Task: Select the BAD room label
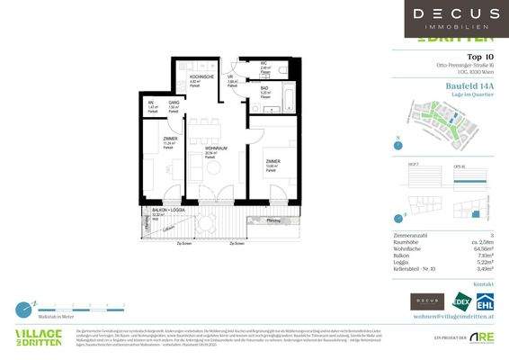(x=265, y=88)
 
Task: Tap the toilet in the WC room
(x=282, y=68)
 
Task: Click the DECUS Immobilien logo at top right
(x=456, y=18)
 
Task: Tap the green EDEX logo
(x=462, y=301)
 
